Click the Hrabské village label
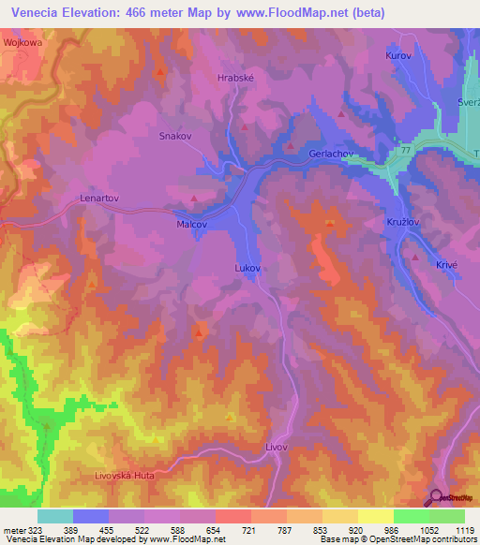pyautogui.click(x=234, y=80)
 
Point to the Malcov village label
pyautogui.click(x=191, y=225)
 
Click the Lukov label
pyautogui.click(x=246, y=268)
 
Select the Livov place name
pyautogui.click(x=276, y=448)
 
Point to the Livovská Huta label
pyautogui.click(x=124, y=476)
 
